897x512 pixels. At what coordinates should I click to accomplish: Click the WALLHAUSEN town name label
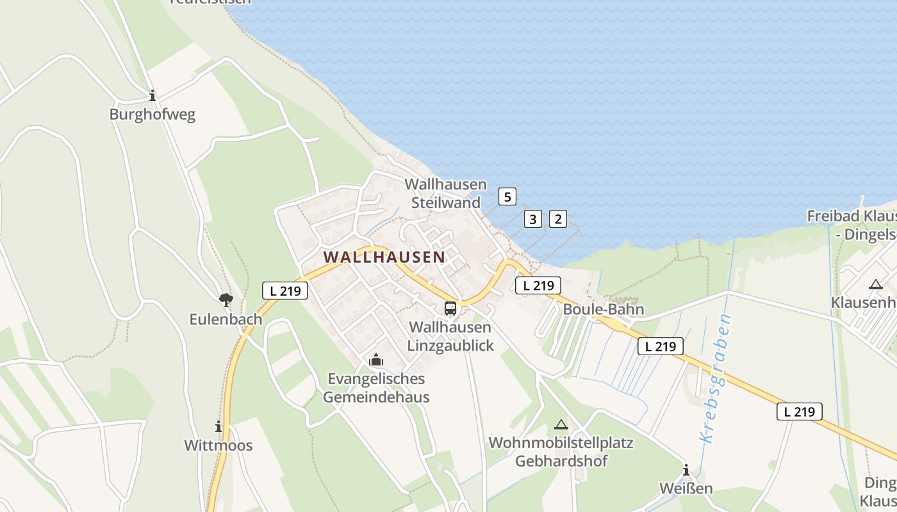pos(384,257)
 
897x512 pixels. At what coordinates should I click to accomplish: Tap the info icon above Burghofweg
pos(152,96)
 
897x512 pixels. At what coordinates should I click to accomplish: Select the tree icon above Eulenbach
pos(226,299)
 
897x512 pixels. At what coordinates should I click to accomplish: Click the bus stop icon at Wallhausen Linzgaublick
pos(450,308)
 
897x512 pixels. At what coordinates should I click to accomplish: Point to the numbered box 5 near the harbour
pos(507,196)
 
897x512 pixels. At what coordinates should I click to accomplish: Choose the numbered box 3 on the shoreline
pos(532,219)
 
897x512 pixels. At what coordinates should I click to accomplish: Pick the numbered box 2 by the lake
pos(557,219)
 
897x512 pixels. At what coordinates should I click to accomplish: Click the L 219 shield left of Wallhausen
pos(285,291)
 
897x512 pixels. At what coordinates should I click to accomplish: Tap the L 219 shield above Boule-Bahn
pos(538,285)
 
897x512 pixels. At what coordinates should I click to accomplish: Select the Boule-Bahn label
pos(604,310)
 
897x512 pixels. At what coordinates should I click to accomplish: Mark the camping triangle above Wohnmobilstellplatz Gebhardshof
pos(561,424)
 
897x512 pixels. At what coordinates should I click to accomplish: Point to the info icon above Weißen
pos(686,470)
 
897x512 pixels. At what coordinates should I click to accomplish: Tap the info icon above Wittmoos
pos(218,426)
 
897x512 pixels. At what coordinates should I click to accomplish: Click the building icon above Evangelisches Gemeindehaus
pos(376,360)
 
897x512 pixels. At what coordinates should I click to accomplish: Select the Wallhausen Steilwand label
pos(446,193)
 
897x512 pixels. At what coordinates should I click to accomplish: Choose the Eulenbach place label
pos(226,319)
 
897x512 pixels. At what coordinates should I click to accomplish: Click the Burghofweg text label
pos(152,115)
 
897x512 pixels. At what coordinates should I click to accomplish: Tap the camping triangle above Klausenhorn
pos(875,284)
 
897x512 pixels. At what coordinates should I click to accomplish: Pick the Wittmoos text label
pos(218,445)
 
